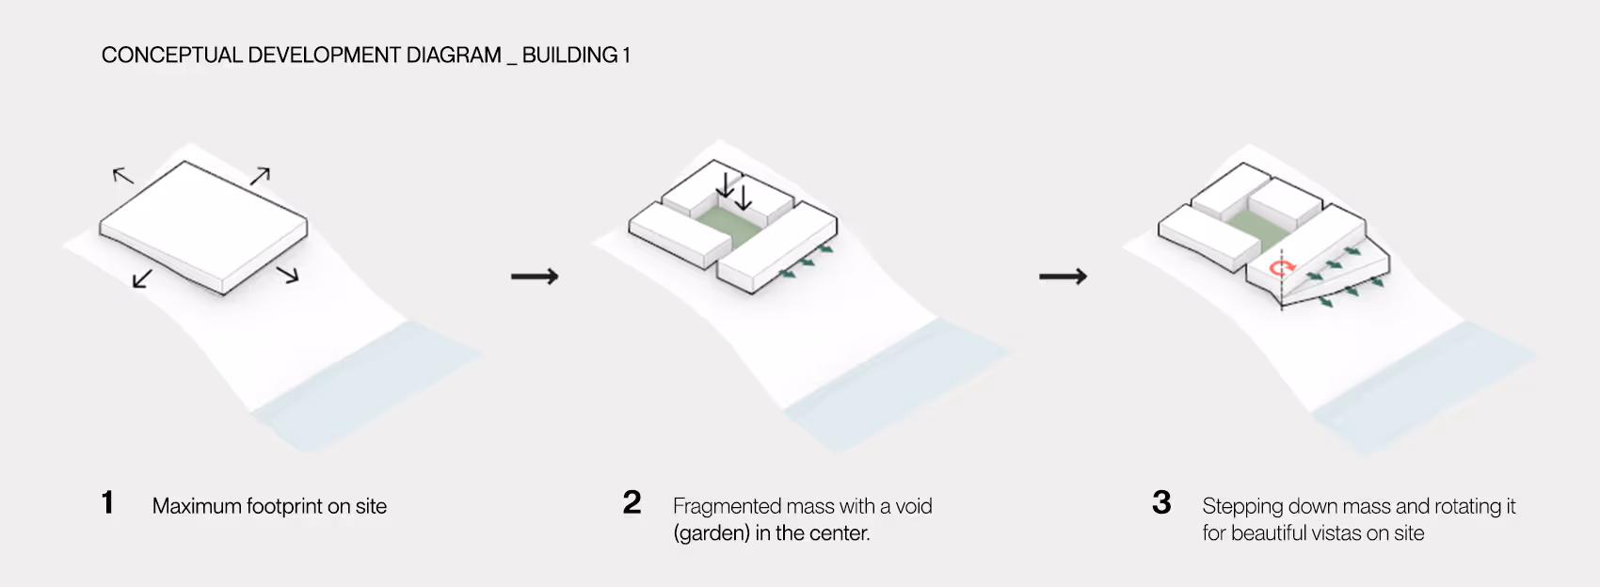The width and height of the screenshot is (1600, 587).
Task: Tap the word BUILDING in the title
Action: tap(569, 56)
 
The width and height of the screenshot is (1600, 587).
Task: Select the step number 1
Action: tap(108, 502)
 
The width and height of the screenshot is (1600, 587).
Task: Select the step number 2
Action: tap(632, 502)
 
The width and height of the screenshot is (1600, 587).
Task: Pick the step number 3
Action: tap(1161, 502)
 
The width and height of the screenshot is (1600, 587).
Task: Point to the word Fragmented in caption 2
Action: tap(728, 506)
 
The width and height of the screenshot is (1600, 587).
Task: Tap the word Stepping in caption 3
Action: tap(1242, 506)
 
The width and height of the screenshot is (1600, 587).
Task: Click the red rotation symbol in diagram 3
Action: tap(1279, 269)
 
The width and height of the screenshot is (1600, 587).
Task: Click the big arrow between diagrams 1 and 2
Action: tap(535, 277)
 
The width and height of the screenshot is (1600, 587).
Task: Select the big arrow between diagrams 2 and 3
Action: tap(1063, 277)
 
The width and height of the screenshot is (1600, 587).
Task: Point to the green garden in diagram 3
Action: tap(1255, 227)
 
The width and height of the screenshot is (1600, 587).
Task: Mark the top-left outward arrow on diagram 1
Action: tap(123, 175)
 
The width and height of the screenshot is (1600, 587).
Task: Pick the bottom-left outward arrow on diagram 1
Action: tap(143, 278)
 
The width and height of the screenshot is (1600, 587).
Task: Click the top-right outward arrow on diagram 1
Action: tap(260, 175)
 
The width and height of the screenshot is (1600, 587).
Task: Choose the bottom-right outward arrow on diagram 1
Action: tap(287, 275)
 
